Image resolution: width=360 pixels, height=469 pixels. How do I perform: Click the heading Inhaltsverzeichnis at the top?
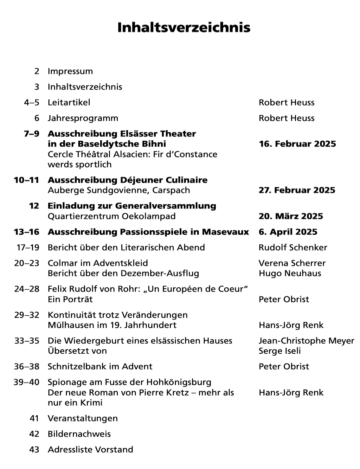tap(184, 28)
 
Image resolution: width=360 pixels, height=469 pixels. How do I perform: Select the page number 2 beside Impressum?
tap(37, 71)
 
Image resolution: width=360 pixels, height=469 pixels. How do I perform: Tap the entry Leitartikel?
tap(69, 102)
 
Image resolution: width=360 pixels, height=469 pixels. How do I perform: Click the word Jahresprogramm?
tap(83, 118)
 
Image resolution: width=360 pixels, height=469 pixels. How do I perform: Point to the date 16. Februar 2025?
tap(297, 144)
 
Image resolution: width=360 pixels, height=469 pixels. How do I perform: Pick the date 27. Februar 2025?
tap(297, 190)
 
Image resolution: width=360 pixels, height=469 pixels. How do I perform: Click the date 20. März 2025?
tap(291, 216)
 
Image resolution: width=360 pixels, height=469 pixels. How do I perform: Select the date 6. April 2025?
tap(288, 232)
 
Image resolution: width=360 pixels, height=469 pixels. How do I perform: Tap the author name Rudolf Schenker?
tap(293, 247)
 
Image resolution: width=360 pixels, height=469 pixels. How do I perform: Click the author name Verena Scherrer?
tap(292, 263)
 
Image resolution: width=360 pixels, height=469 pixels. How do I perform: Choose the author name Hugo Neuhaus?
tap(290, 273)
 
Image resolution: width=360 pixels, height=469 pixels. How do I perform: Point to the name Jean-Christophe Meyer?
tap(306, 341)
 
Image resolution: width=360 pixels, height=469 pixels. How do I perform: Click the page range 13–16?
tap(27, 232)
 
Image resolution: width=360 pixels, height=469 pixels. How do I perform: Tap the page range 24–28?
tap(27, 289)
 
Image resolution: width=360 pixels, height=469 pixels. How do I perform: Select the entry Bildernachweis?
tap(79, 434)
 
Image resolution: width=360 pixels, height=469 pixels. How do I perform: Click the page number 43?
tap(34, 450)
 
